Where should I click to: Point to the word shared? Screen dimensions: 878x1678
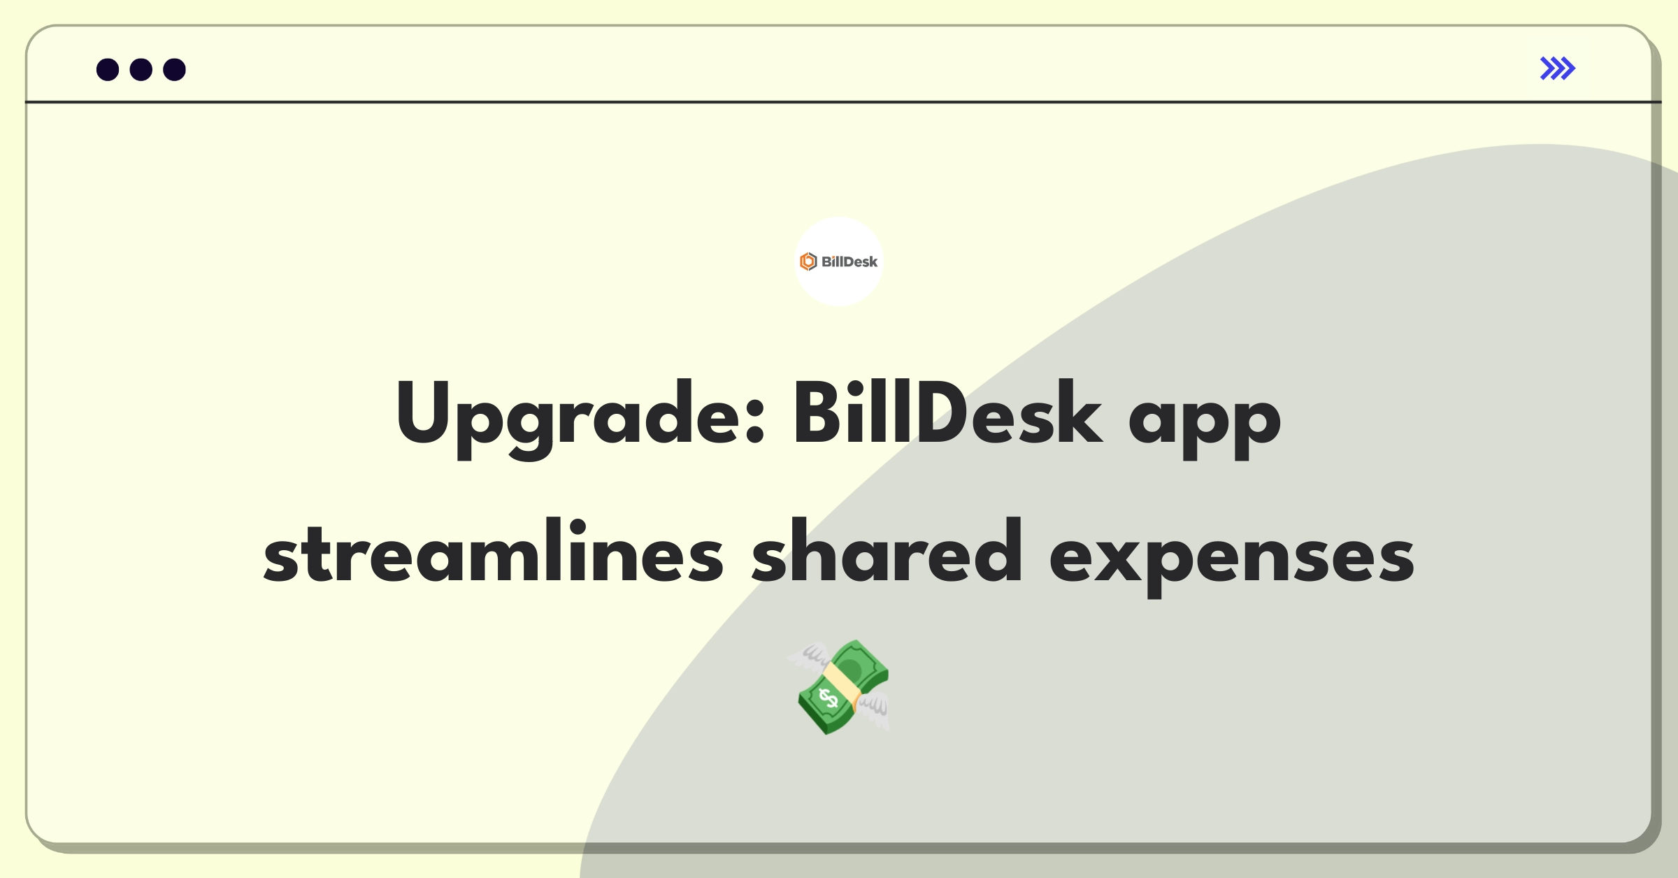(887, 552)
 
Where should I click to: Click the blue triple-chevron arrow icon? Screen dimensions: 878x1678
(1557, 69)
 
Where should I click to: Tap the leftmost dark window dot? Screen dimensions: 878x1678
(108, 70)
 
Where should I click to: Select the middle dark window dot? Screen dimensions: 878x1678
(141, 70)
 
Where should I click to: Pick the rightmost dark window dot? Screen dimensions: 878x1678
(174, 70)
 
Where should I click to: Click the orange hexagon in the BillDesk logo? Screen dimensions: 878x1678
(808, 261)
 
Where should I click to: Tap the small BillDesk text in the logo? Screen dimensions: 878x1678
(849, 262)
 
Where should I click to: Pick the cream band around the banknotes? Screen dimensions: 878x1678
(842, 684)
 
